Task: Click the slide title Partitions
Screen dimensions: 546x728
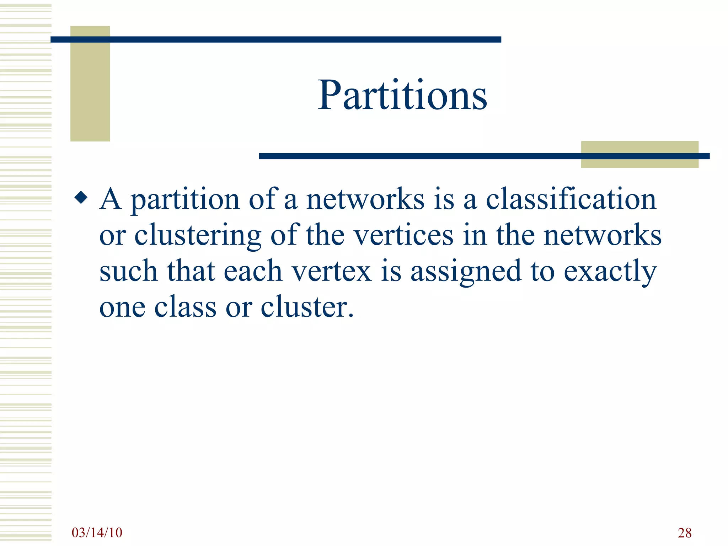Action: point(402,95)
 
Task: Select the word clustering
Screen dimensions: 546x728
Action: point(198,235)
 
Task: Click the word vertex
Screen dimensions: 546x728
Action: point(331,271)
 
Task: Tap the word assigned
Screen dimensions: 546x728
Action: point(466,272)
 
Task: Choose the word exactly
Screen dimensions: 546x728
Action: point(610,272)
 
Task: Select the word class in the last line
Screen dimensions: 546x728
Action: point(185,307)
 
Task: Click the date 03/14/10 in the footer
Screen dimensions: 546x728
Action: point(97,532)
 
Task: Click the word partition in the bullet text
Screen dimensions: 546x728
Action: point(185,200)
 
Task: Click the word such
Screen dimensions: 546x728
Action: point(128,271)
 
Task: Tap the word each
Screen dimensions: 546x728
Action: point(253,271)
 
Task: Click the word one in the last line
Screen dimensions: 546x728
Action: point(122,307)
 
